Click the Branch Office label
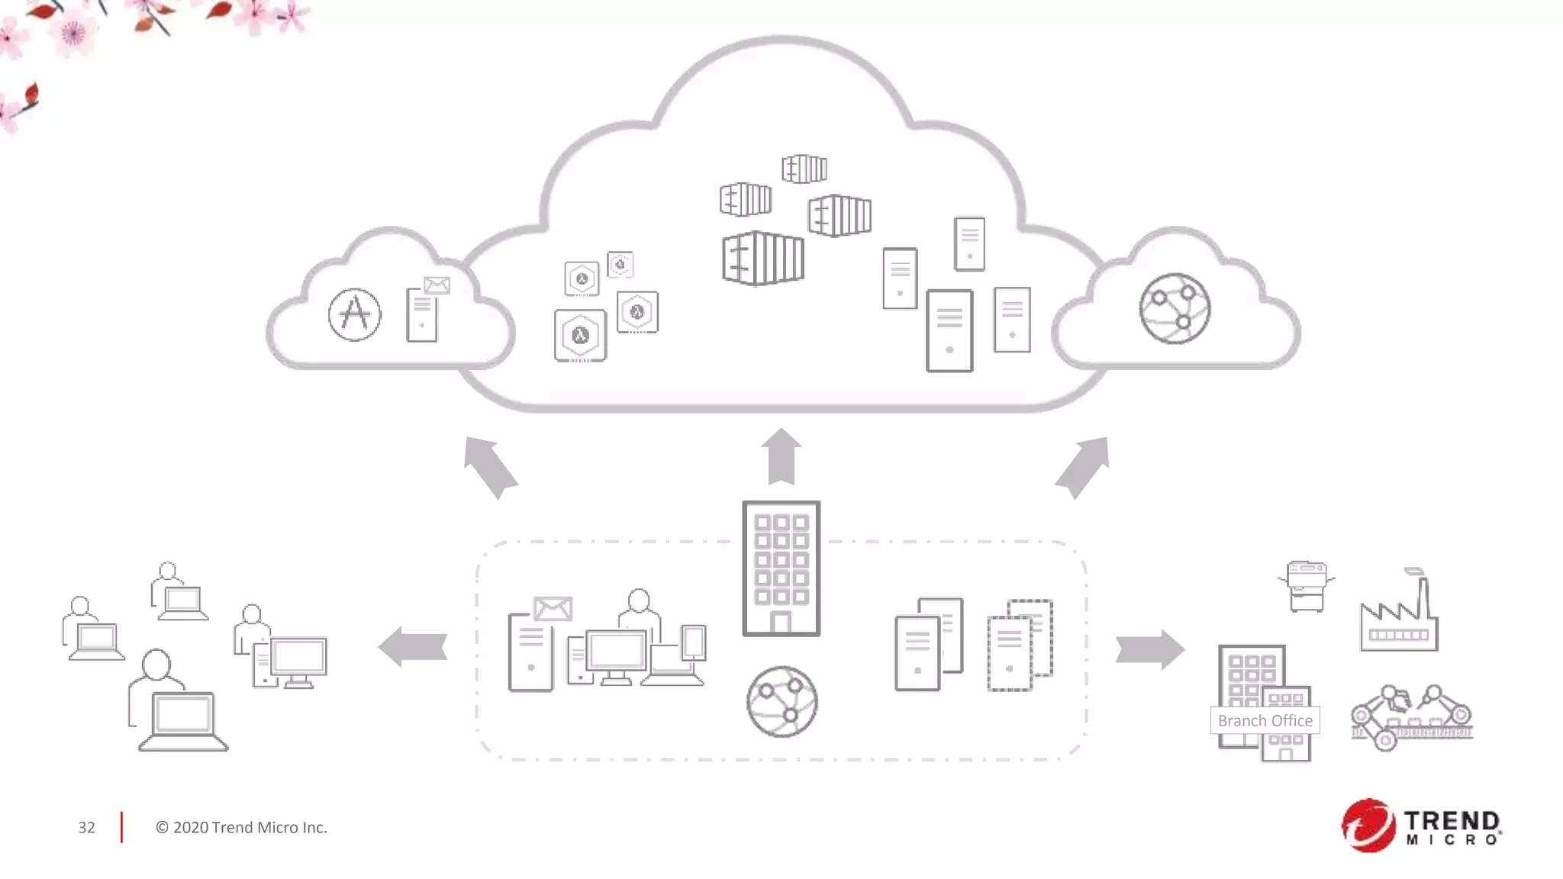(1265, 720)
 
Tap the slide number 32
(86, 827)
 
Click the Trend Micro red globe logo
(1368, 825)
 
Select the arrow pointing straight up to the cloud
(781, 457)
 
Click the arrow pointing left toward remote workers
(413, 647)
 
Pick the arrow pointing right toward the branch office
(1149, 649)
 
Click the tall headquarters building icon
(781, 568)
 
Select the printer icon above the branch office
(1306, 585)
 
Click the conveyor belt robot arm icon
(1411, 717)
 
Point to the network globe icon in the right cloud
(1175, 309)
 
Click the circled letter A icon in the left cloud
(355, 314)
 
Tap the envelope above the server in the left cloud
(437, 285)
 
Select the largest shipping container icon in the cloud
(762, 259)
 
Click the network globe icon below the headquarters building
(781, 702)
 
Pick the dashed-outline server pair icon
(1020, 646)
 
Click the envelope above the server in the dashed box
(553, 609)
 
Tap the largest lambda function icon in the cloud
(580, 336)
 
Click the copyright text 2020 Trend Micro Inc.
(241, 827)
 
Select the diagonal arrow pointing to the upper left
(490, 466)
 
